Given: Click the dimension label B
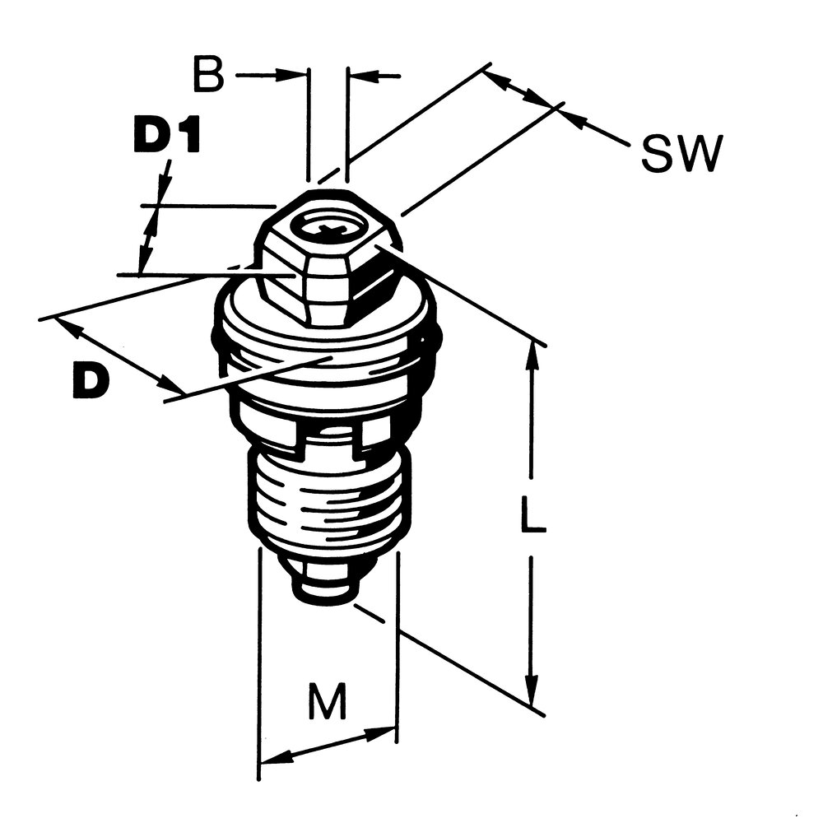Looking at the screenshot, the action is pyautogui.click(x=208, y=74).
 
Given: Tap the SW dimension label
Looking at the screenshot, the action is pyautogui.click(x=681, y=153).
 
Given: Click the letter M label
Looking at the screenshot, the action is pyautogui.click(x=328, y=700).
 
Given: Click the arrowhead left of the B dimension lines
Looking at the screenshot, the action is pyautogui.click(x=290, y=75).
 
